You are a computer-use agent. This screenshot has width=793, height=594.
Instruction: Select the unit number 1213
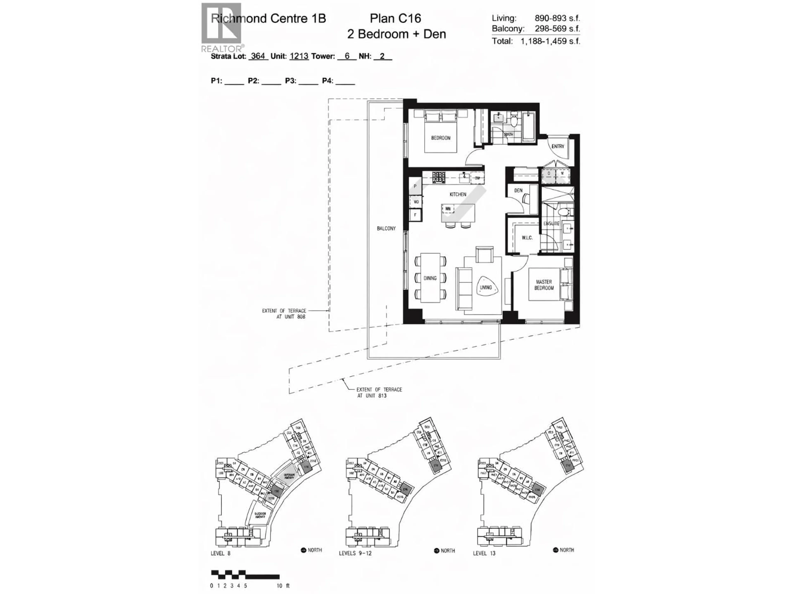(299, 56)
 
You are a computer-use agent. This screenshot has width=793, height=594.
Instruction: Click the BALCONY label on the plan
(386, 229)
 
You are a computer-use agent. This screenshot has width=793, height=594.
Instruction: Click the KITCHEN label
(458, 194)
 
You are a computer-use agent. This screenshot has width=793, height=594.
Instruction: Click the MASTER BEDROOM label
(544, 285)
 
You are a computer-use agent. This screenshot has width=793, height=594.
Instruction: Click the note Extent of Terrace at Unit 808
(284, 314)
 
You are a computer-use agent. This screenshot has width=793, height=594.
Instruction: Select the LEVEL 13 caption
(484, 553)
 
